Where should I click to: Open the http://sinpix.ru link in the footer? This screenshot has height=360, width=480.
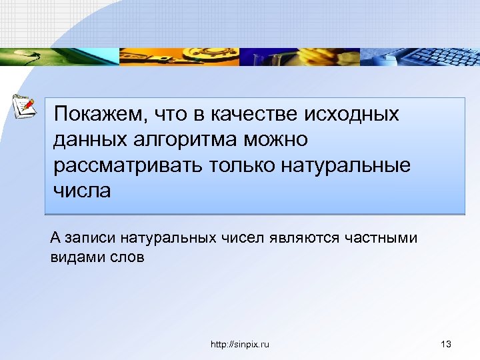coord(239,344)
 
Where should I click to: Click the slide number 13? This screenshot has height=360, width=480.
coord(447,344)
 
